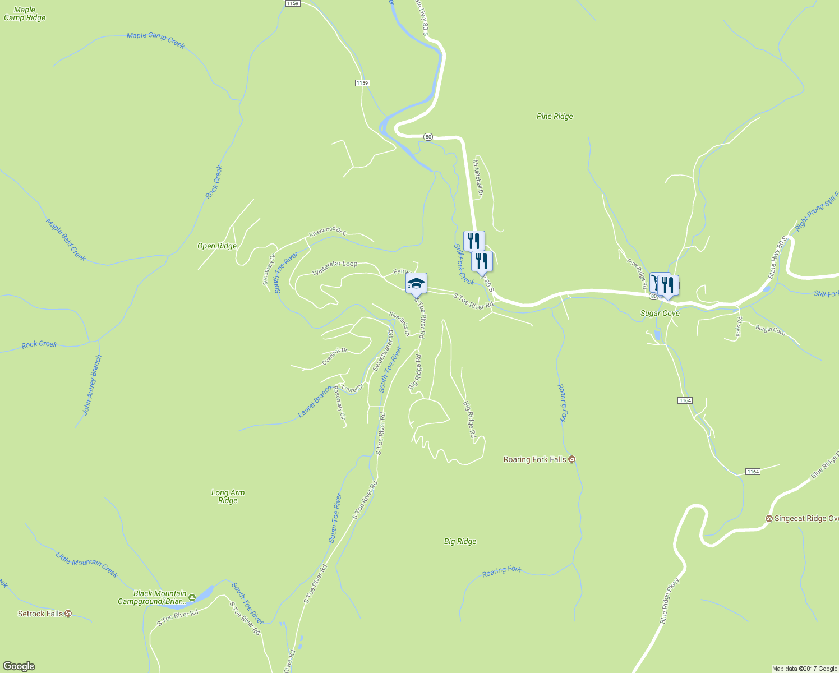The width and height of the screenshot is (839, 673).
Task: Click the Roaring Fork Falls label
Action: coord(534,459)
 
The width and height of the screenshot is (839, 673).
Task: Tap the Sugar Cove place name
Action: coord(660,313)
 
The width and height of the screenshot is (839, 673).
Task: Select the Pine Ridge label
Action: coord(554,116)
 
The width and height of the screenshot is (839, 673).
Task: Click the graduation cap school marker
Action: coord(416,283)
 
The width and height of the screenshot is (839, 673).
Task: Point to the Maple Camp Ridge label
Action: coord(25,13)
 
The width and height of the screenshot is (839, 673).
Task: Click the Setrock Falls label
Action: coord(40,614)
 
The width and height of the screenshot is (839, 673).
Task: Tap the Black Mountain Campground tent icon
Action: coord(192,598)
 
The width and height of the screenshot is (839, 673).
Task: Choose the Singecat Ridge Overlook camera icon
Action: coord(769,519)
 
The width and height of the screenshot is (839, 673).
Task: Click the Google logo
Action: coord(19,666)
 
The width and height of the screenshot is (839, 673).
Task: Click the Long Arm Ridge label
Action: coord(228,496)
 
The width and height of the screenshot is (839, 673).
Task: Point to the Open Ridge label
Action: coord(217,246)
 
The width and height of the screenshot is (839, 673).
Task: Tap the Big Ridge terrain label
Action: coord(460,541)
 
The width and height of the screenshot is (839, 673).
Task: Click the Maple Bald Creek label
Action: coord(66,239)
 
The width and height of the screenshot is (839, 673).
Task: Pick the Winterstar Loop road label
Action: coord(335,267)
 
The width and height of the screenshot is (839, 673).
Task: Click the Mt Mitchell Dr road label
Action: coord(477,178)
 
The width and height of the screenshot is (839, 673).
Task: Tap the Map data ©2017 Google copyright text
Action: coord(804,669)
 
